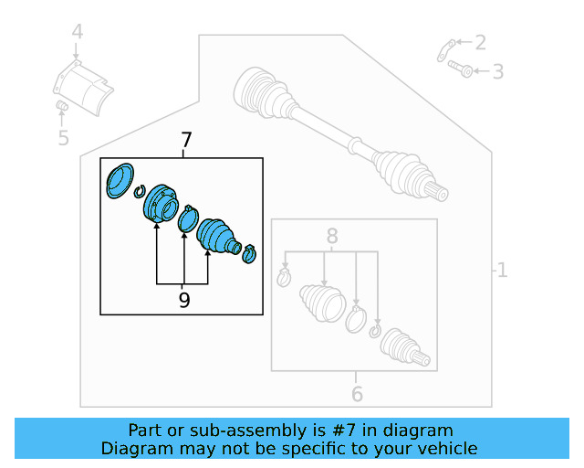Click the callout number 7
(x=186, y=141)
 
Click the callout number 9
(x=184, y=300)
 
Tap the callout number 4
(x=78, y=33)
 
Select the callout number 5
(x=63, y=138)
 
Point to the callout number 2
(x=480, y=42)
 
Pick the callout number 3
(x=497, y=71)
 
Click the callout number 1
(x=501, y=270)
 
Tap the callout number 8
(x=332, y=235)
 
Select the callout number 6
(x=357, y=394)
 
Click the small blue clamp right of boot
(x=249, y=254)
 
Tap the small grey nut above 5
(x=63, y=109)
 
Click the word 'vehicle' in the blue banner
(x=444, y=448)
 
